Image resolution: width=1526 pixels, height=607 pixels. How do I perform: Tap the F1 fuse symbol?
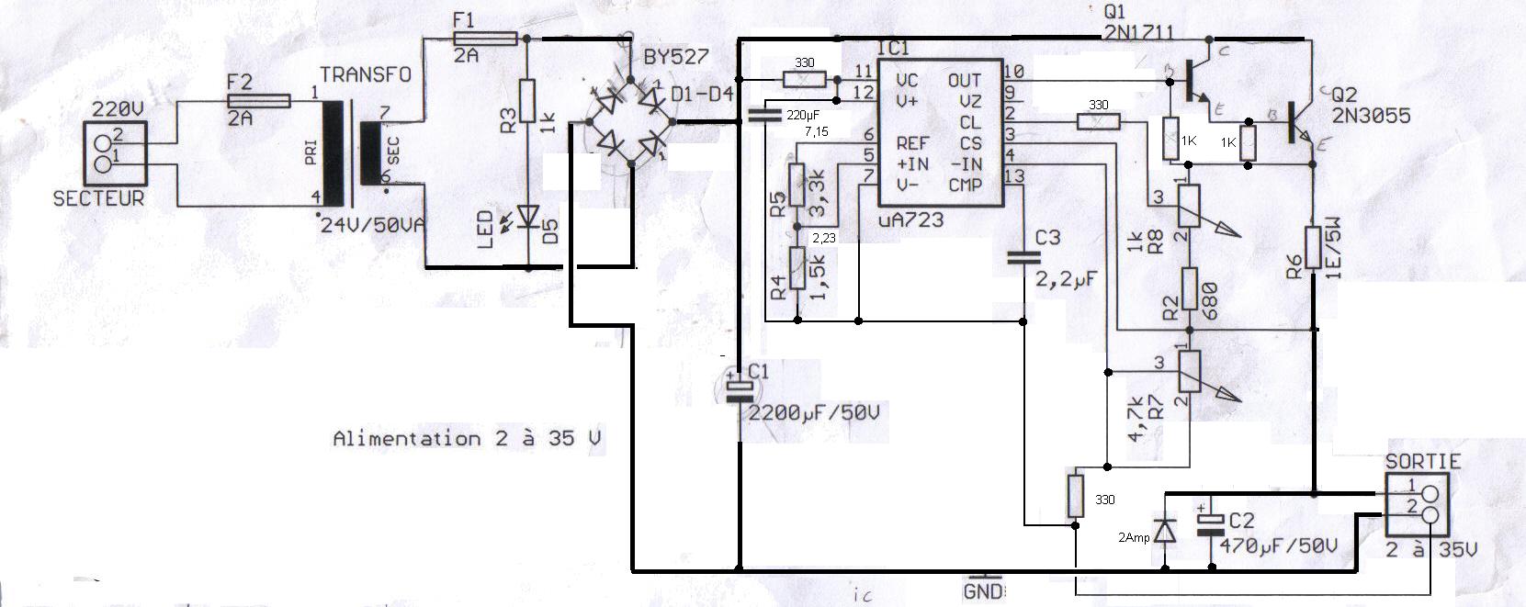(486, 39)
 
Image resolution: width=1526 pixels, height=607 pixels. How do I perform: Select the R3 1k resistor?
(527, 101)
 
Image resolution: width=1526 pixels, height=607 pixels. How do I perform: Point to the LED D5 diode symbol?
(528, 217)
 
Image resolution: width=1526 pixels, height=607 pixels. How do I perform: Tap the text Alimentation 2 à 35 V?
(468, 439)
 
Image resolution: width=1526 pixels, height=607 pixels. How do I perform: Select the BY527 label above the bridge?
(676, 56)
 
